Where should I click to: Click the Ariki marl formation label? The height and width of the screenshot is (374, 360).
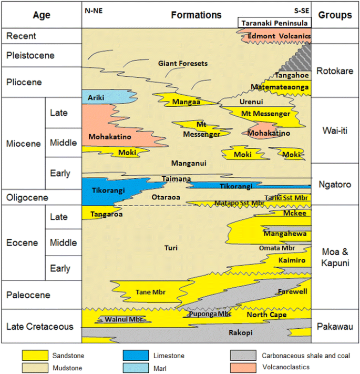(x=96, y=97)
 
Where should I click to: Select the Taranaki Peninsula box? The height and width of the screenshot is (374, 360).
(x=275, y=23)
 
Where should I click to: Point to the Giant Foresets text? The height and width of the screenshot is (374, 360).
(x=180, y=64)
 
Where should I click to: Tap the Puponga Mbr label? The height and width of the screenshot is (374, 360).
(x=209, y=314)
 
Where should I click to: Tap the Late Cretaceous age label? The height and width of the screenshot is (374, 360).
(x=40, y=327)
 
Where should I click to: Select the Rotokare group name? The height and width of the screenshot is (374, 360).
(x=335, y=72)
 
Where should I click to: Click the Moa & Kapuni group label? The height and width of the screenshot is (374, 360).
(x=335, y=258)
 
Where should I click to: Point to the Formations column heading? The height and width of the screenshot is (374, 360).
(x=196, y=15)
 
